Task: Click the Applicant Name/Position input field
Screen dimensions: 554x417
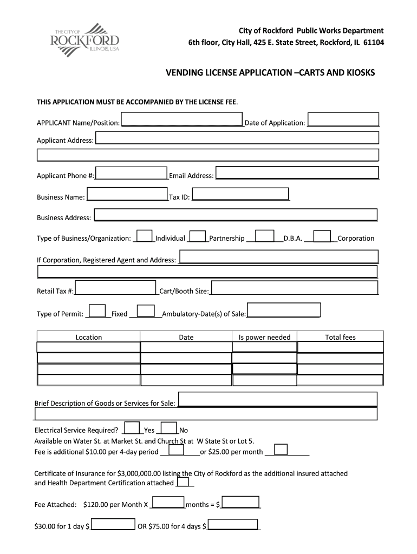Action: tap(181, 120)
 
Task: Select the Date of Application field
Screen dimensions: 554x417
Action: tap(343, 120)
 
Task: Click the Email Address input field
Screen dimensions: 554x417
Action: tap(297, 172)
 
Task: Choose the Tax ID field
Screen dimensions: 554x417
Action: tap(240, 194)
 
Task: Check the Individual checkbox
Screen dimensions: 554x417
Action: tap(144, 236)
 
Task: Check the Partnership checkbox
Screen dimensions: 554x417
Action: tap(198, 236)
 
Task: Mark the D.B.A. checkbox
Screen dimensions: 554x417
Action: tap(264, 236)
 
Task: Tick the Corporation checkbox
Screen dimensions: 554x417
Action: tap(322, 236)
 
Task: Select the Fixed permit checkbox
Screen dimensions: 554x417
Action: tap(97, 311)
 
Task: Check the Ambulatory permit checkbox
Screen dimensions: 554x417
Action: tap(146, 311)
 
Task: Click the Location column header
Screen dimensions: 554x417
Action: tap(89, 337)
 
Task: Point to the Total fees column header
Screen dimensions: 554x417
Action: tap(340, 337)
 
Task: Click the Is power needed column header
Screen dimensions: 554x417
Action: tap(264, 337)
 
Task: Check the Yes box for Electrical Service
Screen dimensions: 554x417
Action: tap(132, 427)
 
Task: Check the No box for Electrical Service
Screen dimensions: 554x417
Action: tap(169, 427)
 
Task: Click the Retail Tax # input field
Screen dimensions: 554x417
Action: tap(115, 288)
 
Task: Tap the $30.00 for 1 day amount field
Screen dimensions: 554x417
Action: tap(113, 524)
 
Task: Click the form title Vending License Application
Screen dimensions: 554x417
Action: tap(270, 72)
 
